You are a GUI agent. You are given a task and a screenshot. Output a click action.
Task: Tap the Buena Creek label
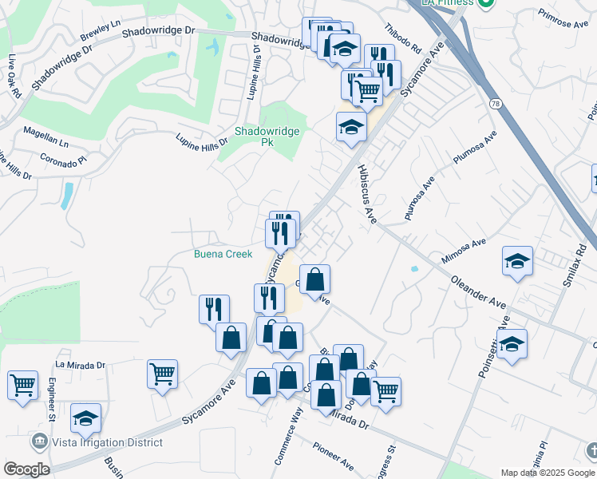[223, 254]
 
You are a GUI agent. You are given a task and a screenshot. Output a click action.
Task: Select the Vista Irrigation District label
[107, 442]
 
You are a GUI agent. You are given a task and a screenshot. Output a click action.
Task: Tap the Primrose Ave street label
[562, 19]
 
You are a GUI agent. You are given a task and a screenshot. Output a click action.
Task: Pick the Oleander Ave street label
[479, 292]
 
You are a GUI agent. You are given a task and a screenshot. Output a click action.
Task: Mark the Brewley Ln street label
[100, 32]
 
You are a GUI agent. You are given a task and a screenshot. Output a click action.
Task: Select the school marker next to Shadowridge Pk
[350, 127]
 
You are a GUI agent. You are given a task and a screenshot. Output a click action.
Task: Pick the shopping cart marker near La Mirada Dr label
[162, 373]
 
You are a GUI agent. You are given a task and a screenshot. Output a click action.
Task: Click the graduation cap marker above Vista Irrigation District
[86, 418]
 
